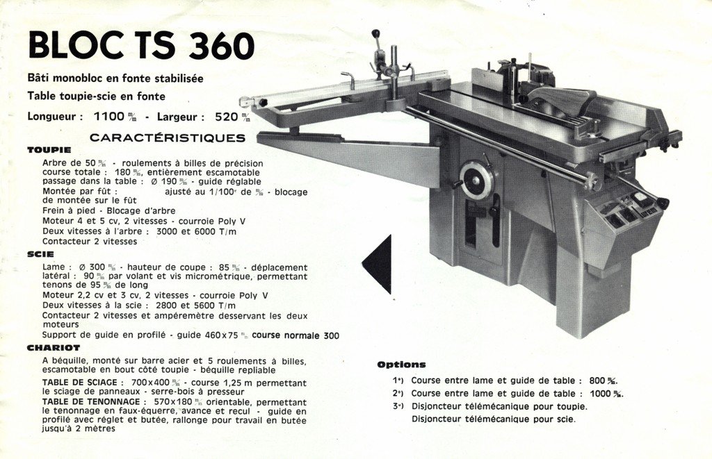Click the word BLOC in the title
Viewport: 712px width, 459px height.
click(72, 45)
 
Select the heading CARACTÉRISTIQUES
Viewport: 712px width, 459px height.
click(167, 138)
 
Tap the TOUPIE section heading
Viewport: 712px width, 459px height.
click(49, 150)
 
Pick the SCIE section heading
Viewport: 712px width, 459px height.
click(40, 254)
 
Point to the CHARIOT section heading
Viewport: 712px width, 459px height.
click(54, 348)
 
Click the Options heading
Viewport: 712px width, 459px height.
click(401, 365)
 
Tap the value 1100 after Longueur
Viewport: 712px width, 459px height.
click(108, 117)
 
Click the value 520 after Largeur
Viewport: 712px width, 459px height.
click(226, 117)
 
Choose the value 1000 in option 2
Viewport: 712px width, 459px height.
click(600, 394)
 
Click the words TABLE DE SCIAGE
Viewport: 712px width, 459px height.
click(79, 383)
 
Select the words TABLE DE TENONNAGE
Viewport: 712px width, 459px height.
click(91, 402)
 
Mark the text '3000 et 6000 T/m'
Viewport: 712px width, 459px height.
click(196, 231)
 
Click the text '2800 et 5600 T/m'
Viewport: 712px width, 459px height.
click(195, 306)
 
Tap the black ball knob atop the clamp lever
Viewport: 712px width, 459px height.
click(375, 33)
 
